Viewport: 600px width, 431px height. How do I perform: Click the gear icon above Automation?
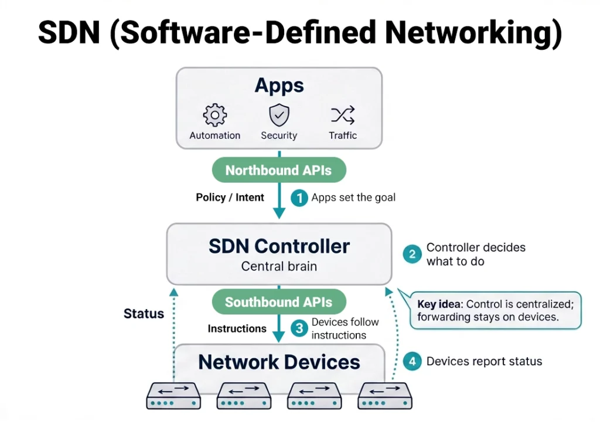click(214, 115)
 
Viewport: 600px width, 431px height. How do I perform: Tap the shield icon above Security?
click(279, 114)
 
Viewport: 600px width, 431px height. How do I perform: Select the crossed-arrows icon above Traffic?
click(343, 115)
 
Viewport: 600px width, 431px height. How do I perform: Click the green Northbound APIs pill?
click(279, 171)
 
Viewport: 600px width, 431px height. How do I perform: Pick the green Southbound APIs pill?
click(279, 303)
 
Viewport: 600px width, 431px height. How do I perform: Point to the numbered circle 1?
click(299, 198)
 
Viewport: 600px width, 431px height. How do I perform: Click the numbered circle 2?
click(412, 254)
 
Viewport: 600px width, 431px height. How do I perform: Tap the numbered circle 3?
click(299, 329)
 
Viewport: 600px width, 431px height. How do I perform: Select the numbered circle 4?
click(412, 361)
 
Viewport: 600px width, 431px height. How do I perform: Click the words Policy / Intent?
click(230, 198)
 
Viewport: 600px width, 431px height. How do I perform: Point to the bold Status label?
click(144, 314)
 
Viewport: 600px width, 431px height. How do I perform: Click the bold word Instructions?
click(237, 329)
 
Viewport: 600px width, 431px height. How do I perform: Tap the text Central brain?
click(279, 266)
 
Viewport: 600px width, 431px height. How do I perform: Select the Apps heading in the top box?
click(279, 86)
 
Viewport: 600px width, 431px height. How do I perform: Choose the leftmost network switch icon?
click(173, 395)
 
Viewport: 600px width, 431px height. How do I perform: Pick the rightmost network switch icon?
click(385, 395)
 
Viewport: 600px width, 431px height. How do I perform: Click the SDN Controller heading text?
click(279, 246)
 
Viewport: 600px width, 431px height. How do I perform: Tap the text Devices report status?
click(484, 361)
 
